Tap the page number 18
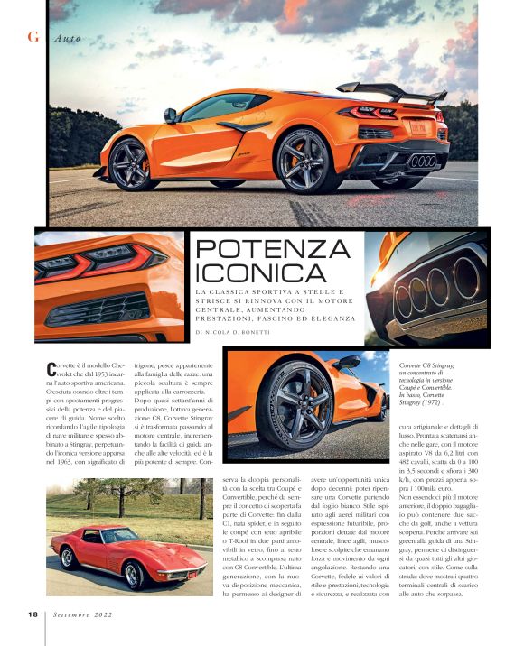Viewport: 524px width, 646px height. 31,614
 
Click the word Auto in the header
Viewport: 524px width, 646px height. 67,38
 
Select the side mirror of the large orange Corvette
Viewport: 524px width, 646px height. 169,115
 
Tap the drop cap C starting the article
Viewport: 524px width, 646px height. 51,368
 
